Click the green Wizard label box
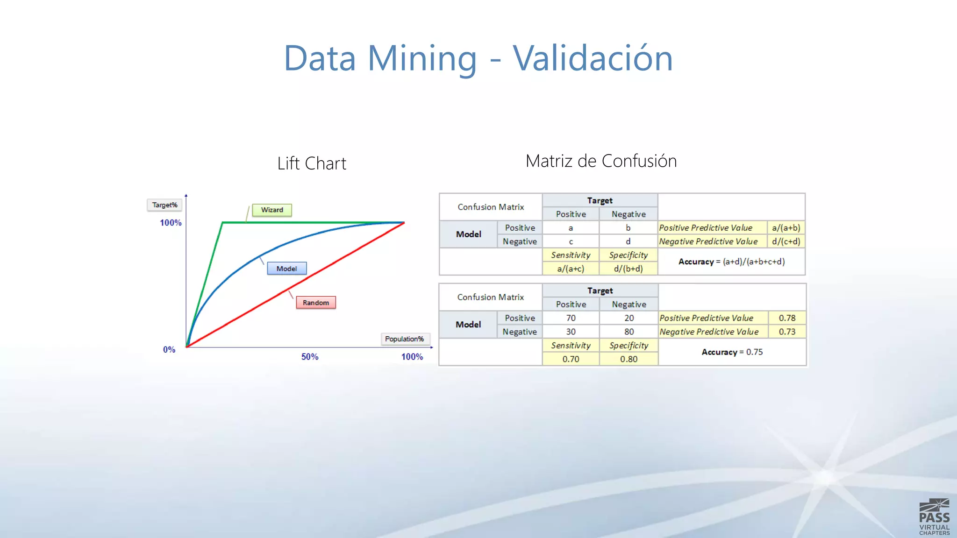[272, 210]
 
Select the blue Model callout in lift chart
[286, 269]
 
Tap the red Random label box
[316, 303]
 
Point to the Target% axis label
[164, 205]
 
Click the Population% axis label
[405, 339]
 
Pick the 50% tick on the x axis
[309, 357]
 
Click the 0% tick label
[169, 349]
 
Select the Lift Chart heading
[312, 163]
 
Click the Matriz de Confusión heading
[601, 161]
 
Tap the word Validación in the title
[593, 58]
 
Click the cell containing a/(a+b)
[786, 228]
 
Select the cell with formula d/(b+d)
[628, 269]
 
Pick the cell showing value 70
[571, 318]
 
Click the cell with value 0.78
[787, 318]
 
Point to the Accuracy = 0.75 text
[732, 352]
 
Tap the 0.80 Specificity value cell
[628, 359]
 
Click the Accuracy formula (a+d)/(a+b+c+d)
[754, 262]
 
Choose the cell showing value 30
[571, 332]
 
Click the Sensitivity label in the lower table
[571, 346]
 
